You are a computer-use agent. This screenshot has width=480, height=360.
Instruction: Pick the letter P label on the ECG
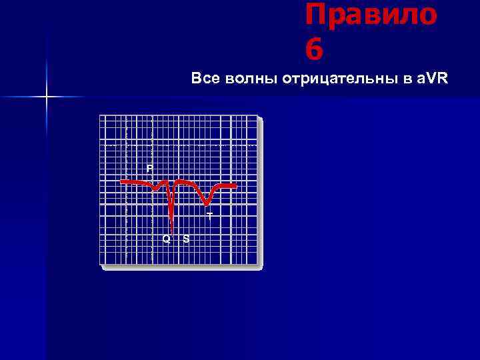coord(150,167)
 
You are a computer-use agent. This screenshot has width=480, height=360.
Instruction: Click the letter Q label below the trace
coord(167,239)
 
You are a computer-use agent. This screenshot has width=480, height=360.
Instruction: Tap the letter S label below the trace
coord(186,239)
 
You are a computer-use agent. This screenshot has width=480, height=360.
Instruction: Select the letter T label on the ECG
coord(209,216)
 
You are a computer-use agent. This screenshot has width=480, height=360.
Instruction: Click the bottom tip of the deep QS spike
coord(172,231)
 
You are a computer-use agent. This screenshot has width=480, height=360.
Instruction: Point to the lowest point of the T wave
coord(208,204)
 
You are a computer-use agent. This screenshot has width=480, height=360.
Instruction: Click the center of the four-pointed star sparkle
coord(47,97)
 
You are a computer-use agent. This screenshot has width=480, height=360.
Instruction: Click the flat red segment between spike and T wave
coord(188,182)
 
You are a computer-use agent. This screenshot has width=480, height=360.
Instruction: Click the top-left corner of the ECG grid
coord(100,115)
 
